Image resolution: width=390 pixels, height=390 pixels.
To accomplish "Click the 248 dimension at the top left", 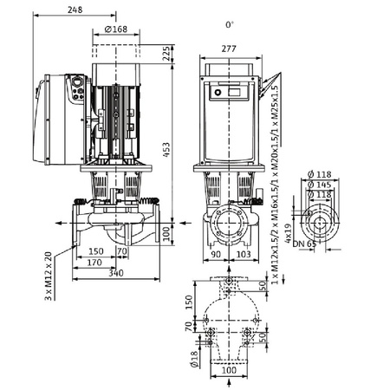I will tap(78, 10).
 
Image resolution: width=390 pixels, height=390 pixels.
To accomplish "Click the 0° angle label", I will tap(229, 25).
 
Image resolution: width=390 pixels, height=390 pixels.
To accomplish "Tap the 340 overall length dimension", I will tap(114, 273).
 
